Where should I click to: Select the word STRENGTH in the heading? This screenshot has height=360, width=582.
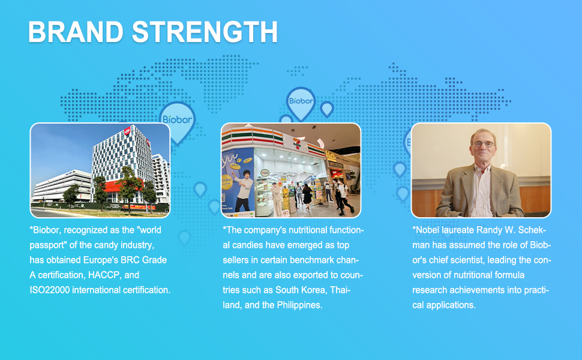[x=205, y=32]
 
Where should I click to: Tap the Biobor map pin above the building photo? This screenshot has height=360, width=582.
[x=177, y=117]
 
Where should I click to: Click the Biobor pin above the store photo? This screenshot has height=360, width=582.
[x=301, y=101]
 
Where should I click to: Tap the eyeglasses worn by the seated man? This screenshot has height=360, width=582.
[x=482, y=145]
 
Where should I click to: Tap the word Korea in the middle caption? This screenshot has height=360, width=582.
[x=310, y=290]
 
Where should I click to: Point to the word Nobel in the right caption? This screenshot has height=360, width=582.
[x=427, y=230]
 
